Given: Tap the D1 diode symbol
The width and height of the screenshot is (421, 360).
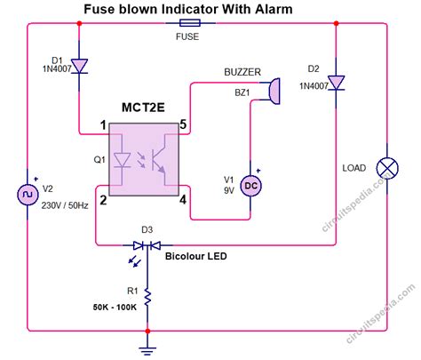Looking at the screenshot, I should [80, 66].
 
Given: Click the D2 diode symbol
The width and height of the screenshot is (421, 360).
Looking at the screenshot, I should [336, 81].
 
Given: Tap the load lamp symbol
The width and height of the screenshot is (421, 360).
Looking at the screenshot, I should [388, 166].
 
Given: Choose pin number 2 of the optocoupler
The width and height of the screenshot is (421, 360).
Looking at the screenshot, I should [104, 199].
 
